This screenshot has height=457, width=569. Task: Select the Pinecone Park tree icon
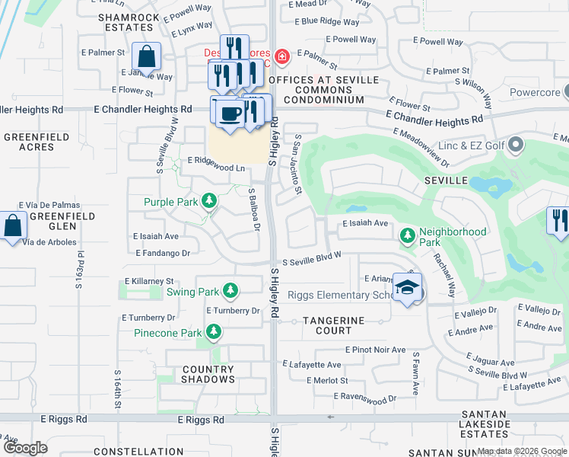(215, 332)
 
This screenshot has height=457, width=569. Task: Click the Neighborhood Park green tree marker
(408, 236)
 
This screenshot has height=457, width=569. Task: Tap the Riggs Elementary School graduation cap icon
(408, 289)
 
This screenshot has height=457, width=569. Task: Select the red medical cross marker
(282, 56)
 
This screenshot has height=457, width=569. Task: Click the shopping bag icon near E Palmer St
(145, 57)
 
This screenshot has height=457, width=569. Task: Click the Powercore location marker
(564, 93)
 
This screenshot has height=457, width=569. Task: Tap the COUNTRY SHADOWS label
(198, 374)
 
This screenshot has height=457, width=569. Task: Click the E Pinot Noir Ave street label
(377, 350)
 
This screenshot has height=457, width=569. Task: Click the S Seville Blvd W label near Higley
(311, 260)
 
